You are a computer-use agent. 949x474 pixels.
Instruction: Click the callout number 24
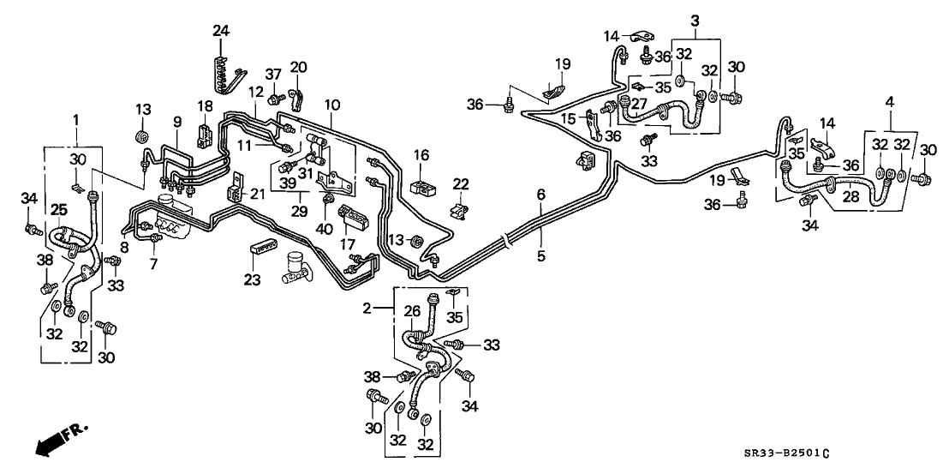coord(222,32)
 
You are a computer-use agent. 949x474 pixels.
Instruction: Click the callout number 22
coord(462,184)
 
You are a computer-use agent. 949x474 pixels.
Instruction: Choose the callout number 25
coord(58,209)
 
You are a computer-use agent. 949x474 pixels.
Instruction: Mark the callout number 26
coord(413,312)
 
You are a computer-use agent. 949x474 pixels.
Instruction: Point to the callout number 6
coord(540,195)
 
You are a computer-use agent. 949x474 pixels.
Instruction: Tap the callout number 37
coord(273,75)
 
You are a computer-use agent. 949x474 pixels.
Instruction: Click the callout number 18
coord(204,105)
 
